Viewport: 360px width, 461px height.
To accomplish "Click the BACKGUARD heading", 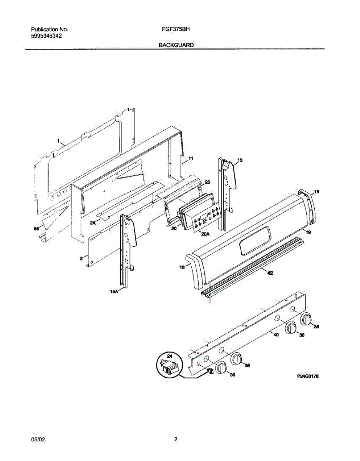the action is click(x=176, y=45).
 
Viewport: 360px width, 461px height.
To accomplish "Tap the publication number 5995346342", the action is click(x=46, y=36).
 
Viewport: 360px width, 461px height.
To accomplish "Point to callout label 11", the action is click(x=191, y=158).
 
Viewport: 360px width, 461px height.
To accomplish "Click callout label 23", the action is click(x=207, y=182).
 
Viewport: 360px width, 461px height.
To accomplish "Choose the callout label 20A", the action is click(x=205, y=233).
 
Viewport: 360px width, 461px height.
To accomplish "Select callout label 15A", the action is click(x=114, y=292).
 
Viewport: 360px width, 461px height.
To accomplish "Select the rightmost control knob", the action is click(x=306, y=319).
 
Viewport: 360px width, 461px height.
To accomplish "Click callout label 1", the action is click(x=58, y=141).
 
